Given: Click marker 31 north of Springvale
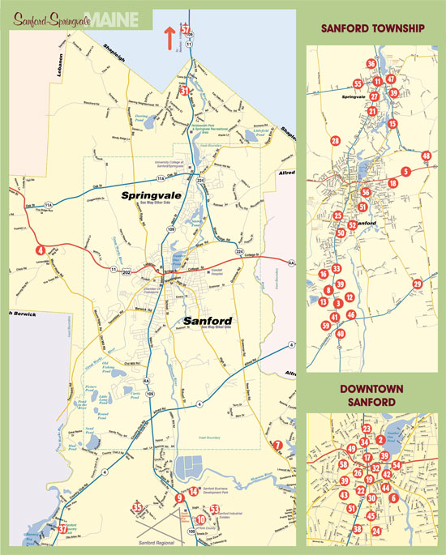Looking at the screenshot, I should tap(185, 92).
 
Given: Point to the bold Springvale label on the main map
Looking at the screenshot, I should tap(152, 196).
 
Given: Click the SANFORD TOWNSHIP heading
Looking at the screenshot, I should tap(372, 29).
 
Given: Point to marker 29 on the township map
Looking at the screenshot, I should tap(418, 284).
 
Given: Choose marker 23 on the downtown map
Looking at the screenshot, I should tap(367, 429).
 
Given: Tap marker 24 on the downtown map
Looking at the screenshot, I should tap(376, 531).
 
